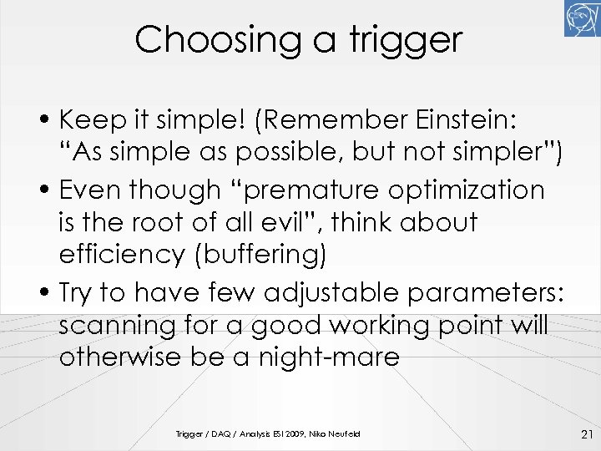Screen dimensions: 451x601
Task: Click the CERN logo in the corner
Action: pyautogui.click(x=583, y=18)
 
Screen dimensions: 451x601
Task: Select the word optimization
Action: pyautogui.click(x=467, y=190)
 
